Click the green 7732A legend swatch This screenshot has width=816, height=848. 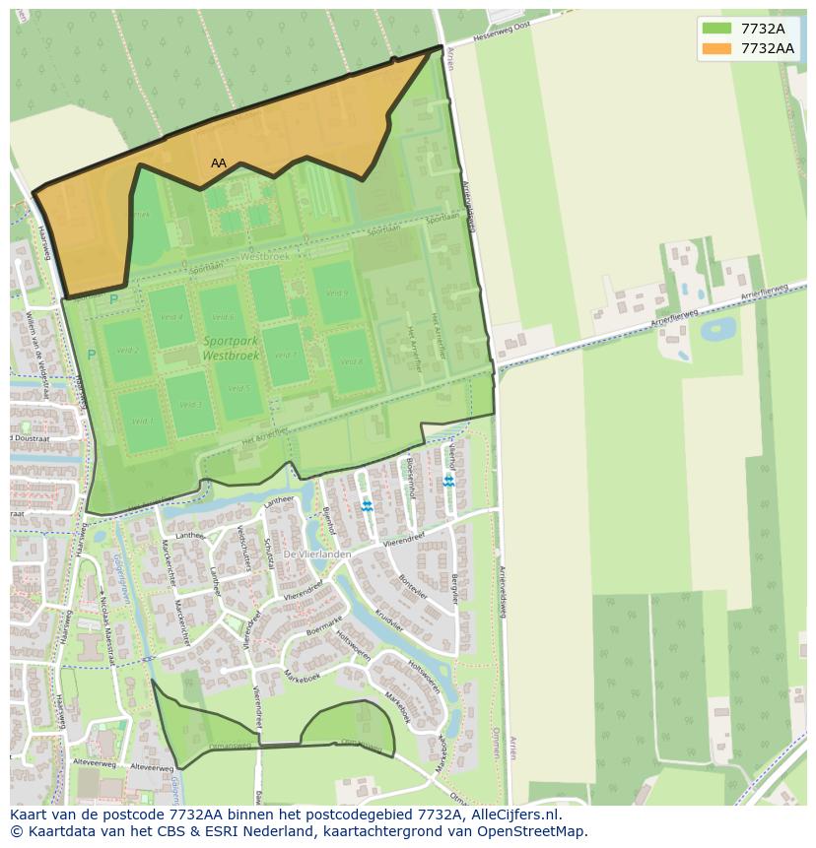click(x=716, y=29)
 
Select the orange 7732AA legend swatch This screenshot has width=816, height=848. click(x=716, y=48)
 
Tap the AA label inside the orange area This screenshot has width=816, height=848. click(x=219, y=163)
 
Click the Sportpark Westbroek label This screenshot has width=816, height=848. click(x=231, y=348)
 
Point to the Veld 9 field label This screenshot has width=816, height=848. click(x=338, y=293)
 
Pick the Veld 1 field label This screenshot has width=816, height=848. click(x=143, y=422)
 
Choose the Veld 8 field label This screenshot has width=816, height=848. click(x=352, y=361)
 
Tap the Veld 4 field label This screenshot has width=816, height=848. click(x=171, y=317)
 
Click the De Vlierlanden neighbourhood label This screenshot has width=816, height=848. click(x=317, y=554)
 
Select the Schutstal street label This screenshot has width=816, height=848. click(x=267, y=553)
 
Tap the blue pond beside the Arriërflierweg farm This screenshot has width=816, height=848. click(x=717, y=328)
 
